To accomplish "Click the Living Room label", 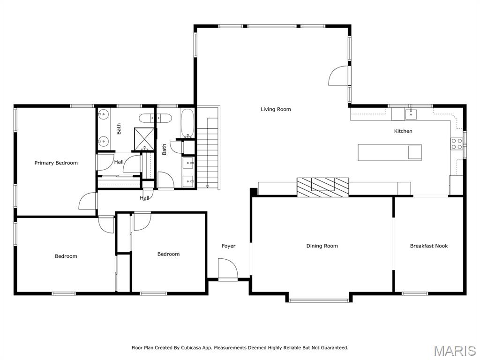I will pyautogui.click(x=276, y=109).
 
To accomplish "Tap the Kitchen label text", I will pyautogui.click(x=403, y=131).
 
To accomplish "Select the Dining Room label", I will pyautogui.click(x=322, y=246).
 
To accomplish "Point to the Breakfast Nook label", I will pyautogui.click(x=428, y=246).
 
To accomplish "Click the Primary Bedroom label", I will pyautogui.click(x=56, y=163).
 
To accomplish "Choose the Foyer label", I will pyautogui.click(x=228, y=246).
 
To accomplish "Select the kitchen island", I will pyautogui.click(x=389, y=152).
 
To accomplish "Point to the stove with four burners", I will pyautogui.click(x=457, y=144).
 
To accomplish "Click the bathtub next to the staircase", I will pyautogui.click(x=187, y=123).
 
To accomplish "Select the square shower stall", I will pyautogui.click(x=145, y=137).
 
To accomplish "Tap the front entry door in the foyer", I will pyautogui.click(x=228, y=269).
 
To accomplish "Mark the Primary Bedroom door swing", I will pyautogui.click(x=88, y=202).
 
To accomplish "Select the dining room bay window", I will pyautogui.click(x=318, y=300).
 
